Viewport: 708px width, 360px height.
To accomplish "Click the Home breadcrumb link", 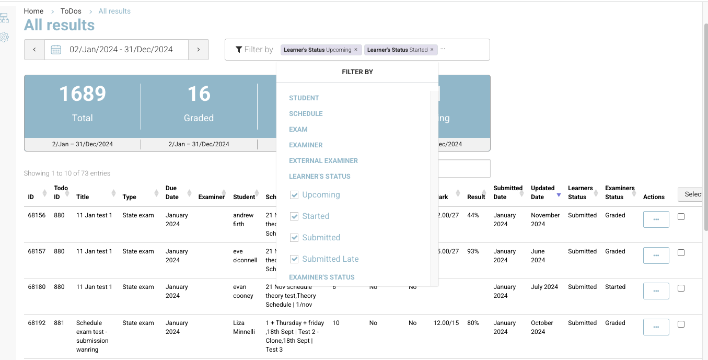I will click(x=33, y=11).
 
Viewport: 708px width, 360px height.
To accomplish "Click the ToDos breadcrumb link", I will click(x=71, y=11).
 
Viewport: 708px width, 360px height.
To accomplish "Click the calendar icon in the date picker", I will click(x=56, y=50).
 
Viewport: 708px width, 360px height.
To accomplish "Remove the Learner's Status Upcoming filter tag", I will click(x=356, y=50).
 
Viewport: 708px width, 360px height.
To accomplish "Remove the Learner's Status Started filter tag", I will click(x=432, y=50).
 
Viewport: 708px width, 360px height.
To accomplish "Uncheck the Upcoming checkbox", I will click(x=294, y=195).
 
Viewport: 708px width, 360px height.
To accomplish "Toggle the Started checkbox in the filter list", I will click(x=294, y=216).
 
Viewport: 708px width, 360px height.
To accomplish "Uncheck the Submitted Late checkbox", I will click(x=294, y=259).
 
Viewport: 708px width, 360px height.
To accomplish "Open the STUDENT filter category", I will click(x=304, y=98).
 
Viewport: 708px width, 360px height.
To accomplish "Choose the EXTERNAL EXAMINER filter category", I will click(x=323, y=160).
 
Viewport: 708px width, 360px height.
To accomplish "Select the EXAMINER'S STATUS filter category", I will click(x=321, y=277).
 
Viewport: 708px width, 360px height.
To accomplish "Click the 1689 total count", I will click(x=83, y=94).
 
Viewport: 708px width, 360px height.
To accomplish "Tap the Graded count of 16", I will click(x=199, y=94).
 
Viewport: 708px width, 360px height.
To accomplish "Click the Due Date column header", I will click(x=171, y=192).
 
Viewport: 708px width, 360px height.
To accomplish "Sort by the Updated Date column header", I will click(x=543, y=192).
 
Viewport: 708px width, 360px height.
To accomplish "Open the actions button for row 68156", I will click(x=656, y=219).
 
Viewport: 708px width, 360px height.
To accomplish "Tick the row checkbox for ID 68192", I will click(x=681, y=324).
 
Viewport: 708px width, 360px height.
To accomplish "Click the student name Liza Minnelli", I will click(x=244, y=327).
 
